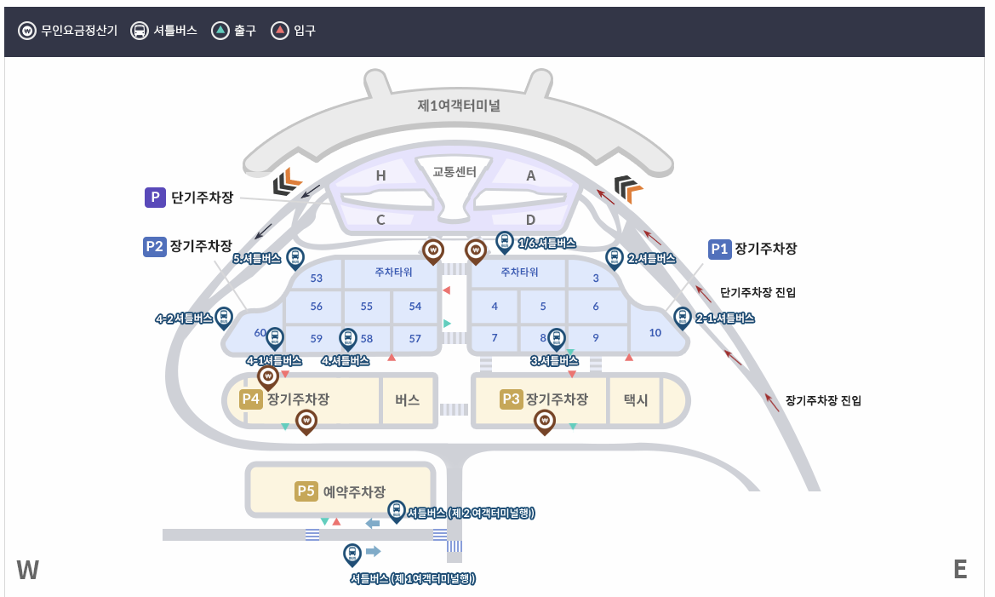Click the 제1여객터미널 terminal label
pyautogui.click(x=459, y=106)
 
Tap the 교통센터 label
pyautogui.click(x=454, y=171)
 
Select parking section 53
pyautogui.click(x=317, y=278)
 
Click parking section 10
pyautogui.click(x=655, y=332)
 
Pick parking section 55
pyautogui.click(x=367, y=306)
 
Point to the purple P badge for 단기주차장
pyautogui.click(x=155, y=198)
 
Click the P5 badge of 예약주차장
pyautogui.click(x=306, y=491)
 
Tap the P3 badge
pyautogui.click(x=511, y=399)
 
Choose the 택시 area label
pyautogui.click(x=636, y=399)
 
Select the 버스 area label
pyautogui.click(x=408, y=399)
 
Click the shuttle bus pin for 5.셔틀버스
pyautogui.click(x=294, y=256)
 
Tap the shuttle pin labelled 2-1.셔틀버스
pyautogui.click(x=682, y=318)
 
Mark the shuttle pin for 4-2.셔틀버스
pyautogui.click(x=224, y=318)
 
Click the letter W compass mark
pyautogui.click(x=28, y=570)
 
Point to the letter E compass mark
pyautogui.click(x=960, y=570)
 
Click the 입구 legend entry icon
pyautogui.click(x=279, y=31)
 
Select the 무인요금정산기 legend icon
pyautogui.click(x=27, y=31)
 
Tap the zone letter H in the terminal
pyautogui.click(x=381, y=175)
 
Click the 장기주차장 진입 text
pyautogui.click(x=823, y=399)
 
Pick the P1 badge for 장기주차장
pyautogui.click(x=720, y=249)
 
